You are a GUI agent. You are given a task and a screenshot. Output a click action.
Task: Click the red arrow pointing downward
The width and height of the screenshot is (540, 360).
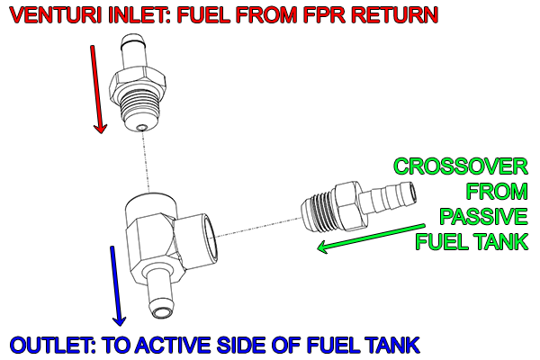point(97,90)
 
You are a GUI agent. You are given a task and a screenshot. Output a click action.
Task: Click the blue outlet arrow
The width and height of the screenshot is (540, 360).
point(116,284)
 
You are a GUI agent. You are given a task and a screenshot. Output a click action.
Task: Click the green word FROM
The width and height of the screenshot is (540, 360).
point(490,192)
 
